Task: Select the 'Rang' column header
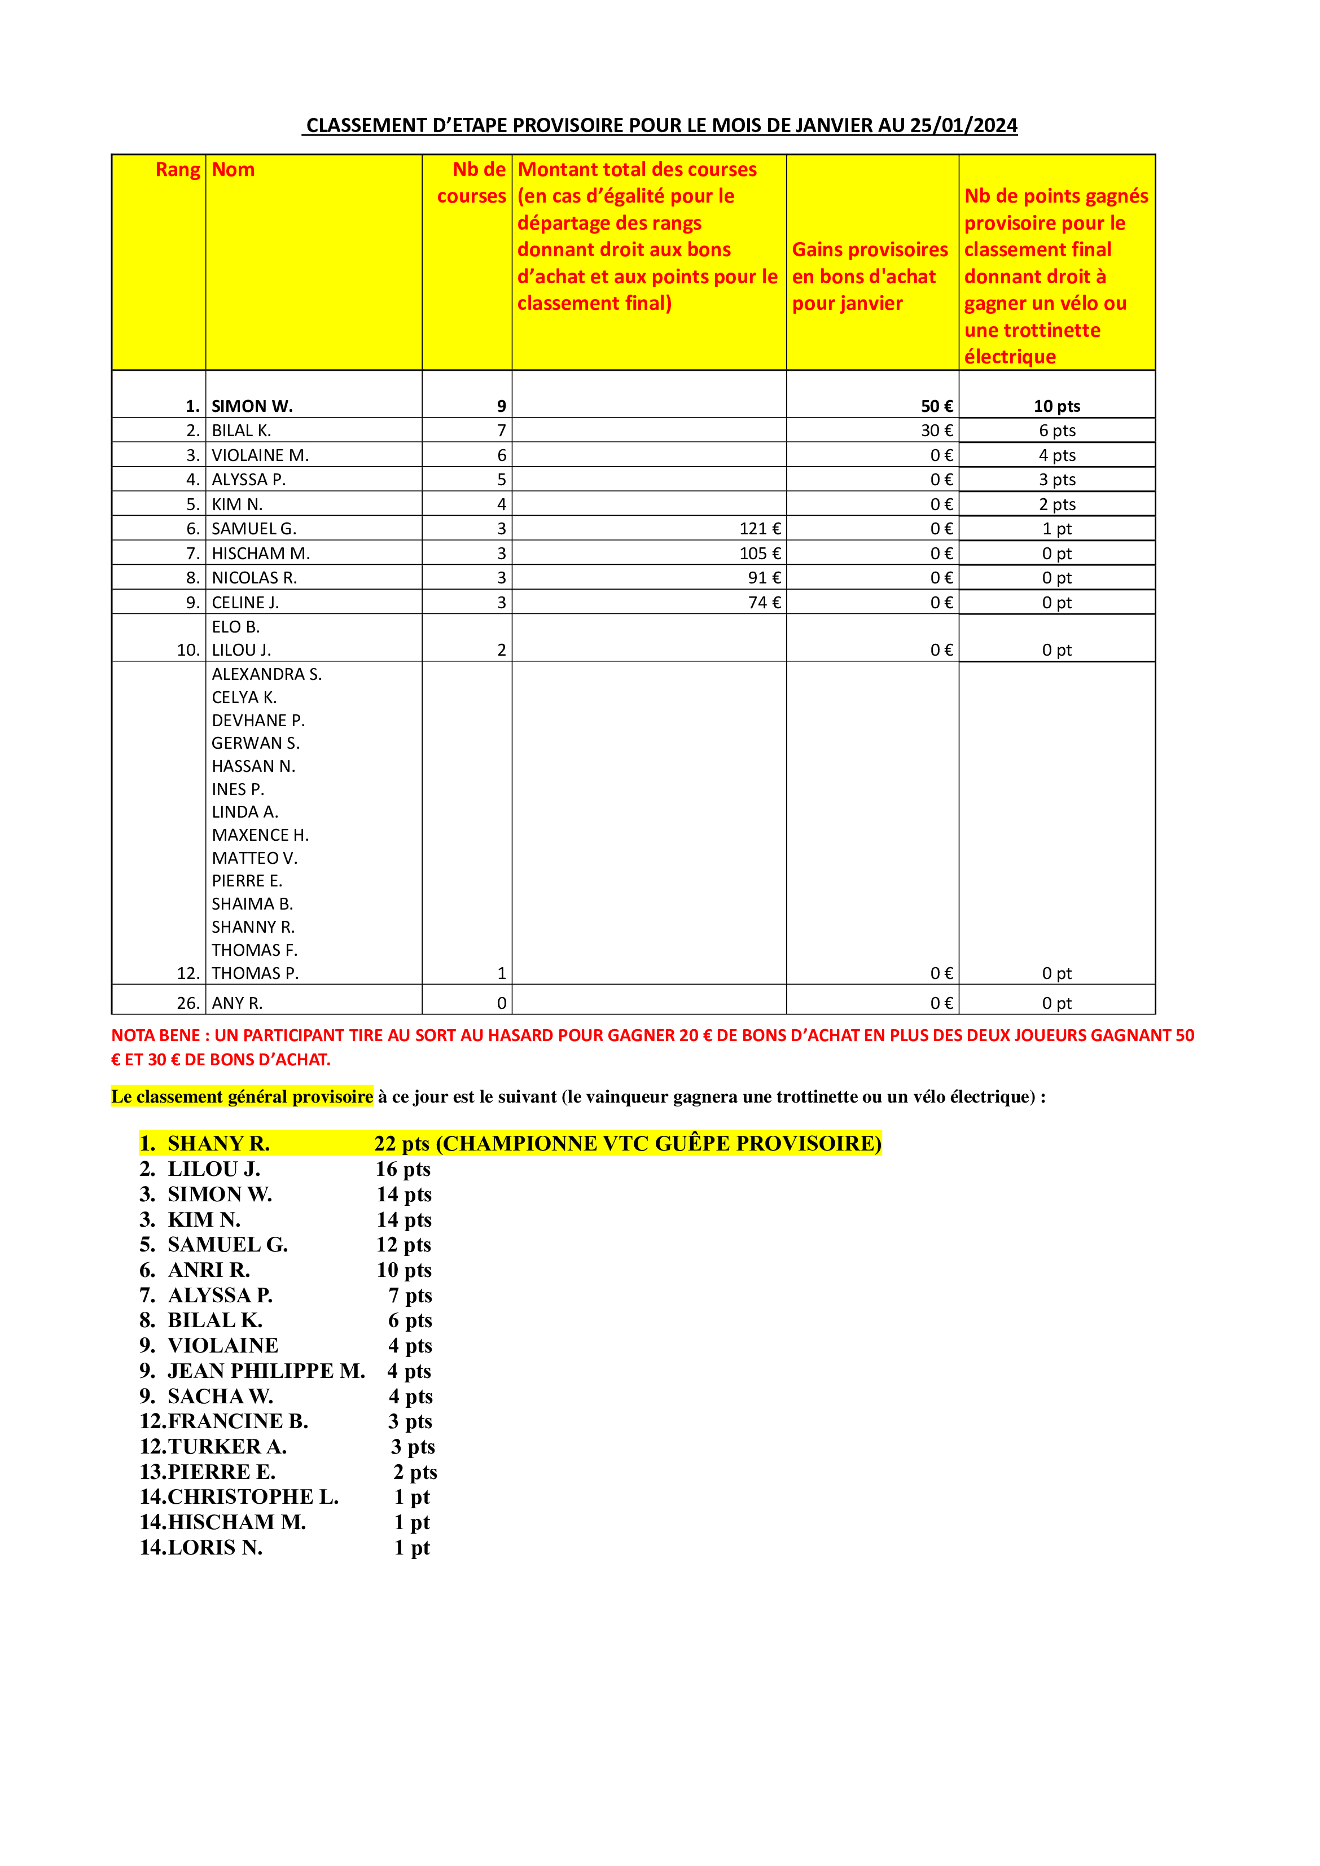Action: pos(177,170)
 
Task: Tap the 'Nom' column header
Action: pos(233,170)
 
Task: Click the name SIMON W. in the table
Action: pos(252,406)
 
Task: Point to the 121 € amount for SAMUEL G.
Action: pos(760,529)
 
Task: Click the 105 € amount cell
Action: pos(760,554)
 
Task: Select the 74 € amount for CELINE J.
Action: pos(764,602)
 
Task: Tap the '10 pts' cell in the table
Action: pos(1056,406)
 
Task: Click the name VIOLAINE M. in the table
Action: pos(260,455)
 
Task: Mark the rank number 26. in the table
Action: pos(188,1003)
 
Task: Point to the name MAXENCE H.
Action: pos(260,835)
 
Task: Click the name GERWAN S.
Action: pos(255,743)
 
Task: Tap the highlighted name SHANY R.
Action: pos(218,1144)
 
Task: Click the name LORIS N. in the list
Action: pos(214,1547)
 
